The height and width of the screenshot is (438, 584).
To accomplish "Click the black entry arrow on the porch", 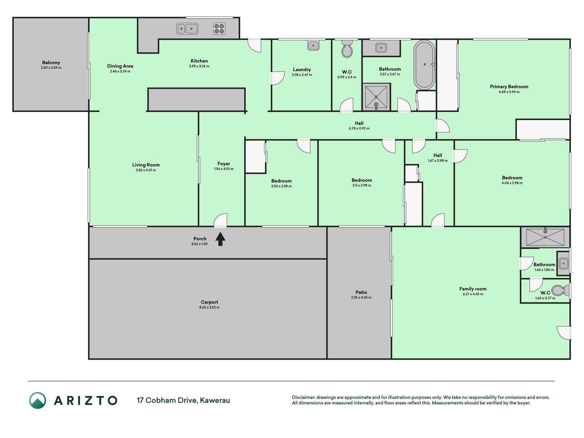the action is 220,239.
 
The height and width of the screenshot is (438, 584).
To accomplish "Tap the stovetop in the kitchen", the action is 219,29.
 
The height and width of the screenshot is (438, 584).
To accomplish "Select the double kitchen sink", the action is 187,29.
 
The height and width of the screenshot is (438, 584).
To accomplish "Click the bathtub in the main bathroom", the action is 425,65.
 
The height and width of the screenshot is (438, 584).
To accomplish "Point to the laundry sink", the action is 313,45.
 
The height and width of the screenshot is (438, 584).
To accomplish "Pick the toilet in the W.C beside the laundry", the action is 347,49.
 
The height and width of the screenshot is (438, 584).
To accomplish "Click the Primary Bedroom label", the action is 509,87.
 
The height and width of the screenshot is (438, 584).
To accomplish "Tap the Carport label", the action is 209,302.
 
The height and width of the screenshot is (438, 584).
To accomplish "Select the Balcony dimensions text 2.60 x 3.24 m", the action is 51,68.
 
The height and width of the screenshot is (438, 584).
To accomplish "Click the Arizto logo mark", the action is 38,400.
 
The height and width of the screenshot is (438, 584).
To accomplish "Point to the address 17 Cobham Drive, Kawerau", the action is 183,400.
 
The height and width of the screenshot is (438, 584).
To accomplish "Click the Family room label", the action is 473,289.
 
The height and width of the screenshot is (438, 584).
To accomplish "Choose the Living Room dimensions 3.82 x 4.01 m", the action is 146,170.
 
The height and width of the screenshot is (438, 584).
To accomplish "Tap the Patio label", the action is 361,292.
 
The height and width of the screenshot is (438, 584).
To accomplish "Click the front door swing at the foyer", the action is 220,220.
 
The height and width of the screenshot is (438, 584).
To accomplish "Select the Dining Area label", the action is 120,66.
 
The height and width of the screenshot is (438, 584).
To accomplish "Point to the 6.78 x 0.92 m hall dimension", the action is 359,129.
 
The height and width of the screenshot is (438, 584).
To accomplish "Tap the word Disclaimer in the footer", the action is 303,397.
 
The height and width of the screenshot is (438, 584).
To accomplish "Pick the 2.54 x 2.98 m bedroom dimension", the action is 282,186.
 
